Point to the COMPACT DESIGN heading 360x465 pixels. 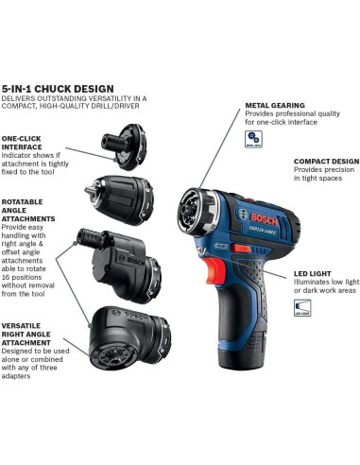coord(325,161)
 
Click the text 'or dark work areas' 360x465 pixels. coord(322,292)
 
